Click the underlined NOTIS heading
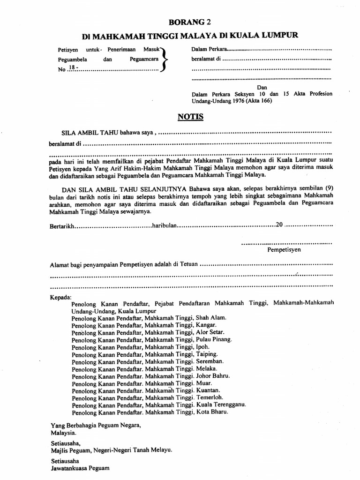(x=191, y=116)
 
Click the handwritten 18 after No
(x=73, y=68)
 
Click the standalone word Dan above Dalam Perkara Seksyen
(x=262, y=87)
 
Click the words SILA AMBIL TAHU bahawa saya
(x=108, y=133)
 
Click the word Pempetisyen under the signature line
(x=284, y=250)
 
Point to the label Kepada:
(x=60, y=297)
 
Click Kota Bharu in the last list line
(x=212, y=412)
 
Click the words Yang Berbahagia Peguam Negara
(x=95, y=425)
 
